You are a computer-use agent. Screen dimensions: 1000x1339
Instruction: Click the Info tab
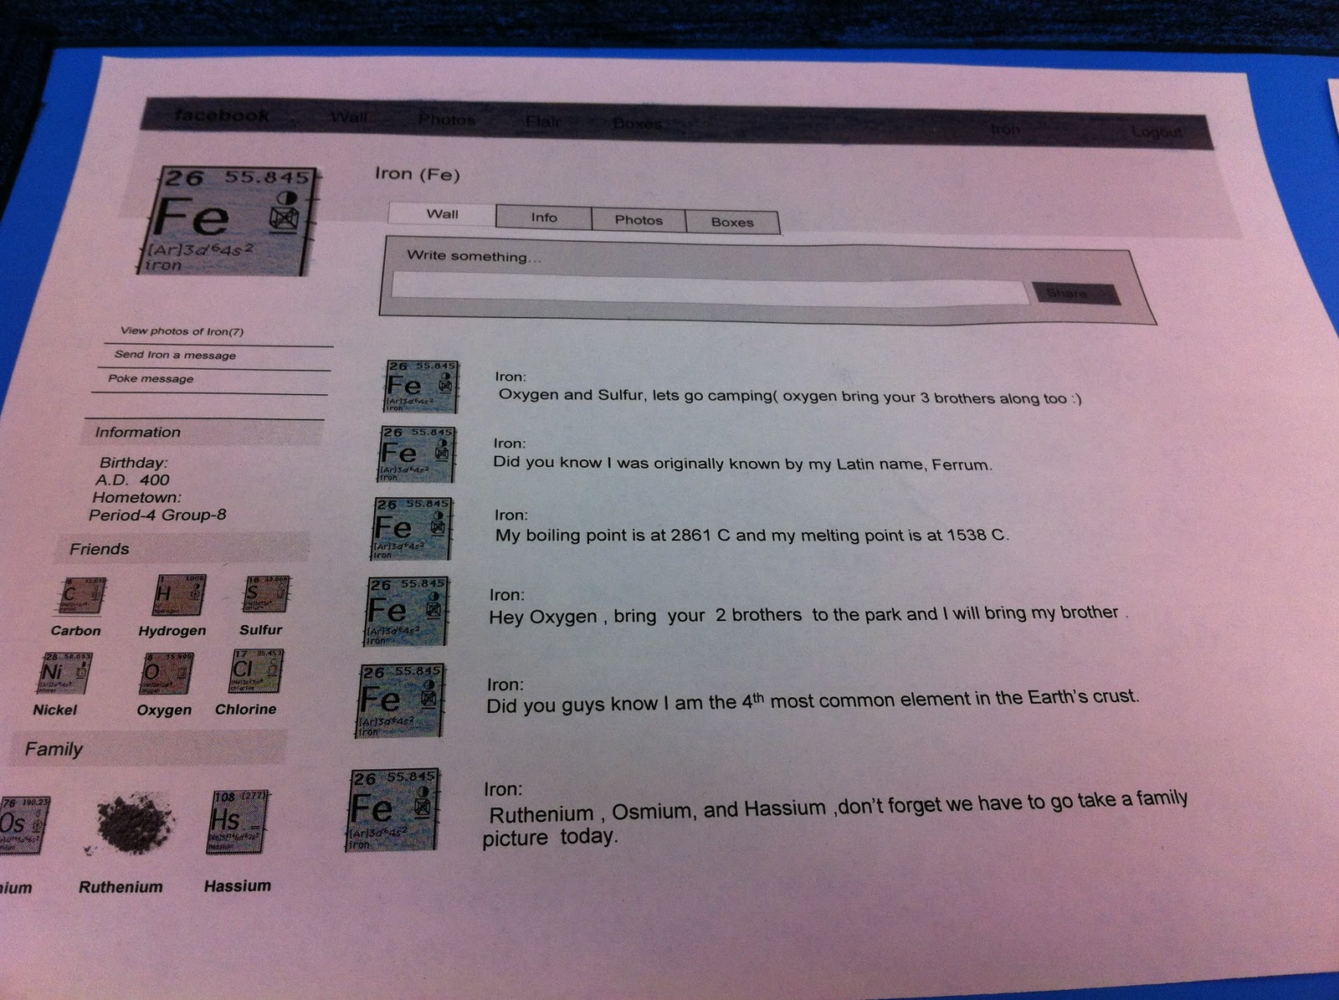pyautogui.click(x=543, y=218)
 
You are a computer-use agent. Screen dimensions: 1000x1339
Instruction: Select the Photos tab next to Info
pyautogui.click(x=638, y=220)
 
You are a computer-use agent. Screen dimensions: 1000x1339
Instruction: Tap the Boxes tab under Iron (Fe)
pyautogui.click(x=731, y=223)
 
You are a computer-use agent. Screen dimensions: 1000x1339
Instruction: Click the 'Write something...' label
pyautogui.click(x=473, y=256)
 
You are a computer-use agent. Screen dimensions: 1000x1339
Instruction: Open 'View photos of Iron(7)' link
pyautogui.click(x=182, y=331)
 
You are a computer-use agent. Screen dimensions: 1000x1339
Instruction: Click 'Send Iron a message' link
pyautogui.click(x=175, y=355)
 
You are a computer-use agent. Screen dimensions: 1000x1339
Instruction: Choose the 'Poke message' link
pyautogui.click(x=151, y=379)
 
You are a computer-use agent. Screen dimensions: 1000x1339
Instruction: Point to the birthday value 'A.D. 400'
pyautogui.click(x=132, y=480)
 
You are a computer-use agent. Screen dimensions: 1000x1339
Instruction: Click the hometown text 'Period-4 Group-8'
pyautogui.click(x=157, y=515)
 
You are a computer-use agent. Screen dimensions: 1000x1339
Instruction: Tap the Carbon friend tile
pyautogui.click(x=80, y=596)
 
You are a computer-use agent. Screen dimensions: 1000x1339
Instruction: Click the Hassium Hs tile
pyautogui.click(x=237, y=822)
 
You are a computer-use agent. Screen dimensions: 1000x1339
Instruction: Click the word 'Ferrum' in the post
pyautogui.click(x=961, y=465)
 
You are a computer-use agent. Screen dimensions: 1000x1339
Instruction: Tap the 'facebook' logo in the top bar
pyautogui.click(x=222, y=115)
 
